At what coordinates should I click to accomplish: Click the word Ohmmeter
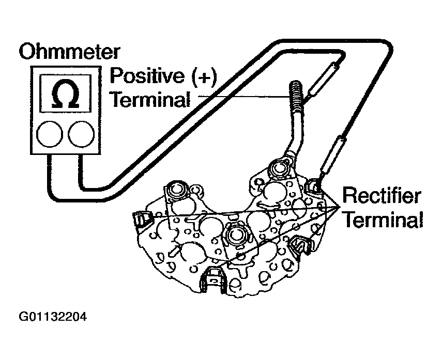tap(70, 52)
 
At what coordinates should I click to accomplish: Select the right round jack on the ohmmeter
tap(81, 133)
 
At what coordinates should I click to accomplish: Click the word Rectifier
tap(382, 197)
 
